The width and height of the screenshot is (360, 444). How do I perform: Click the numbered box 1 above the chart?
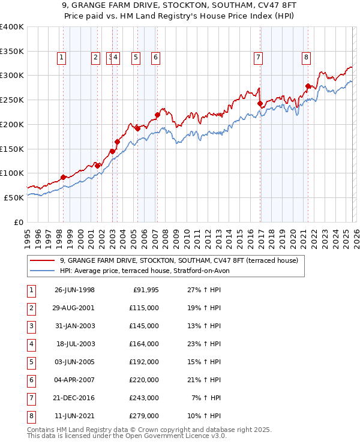[x=62, y=58]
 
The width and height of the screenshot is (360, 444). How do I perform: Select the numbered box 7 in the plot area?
[x=258, y=58]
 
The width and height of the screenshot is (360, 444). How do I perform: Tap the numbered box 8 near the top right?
[x=306, y=58]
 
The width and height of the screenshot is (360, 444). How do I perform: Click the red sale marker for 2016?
[x=260, y=103]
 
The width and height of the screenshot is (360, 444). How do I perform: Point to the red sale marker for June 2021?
[x=308, y=86]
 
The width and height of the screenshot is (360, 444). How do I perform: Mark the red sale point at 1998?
[x=64, y=177]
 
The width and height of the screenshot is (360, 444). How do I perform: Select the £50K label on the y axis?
[x=14, y=197]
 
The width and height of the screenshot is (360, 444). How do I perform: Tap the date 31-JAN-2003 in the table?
[x=75, y=326]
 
